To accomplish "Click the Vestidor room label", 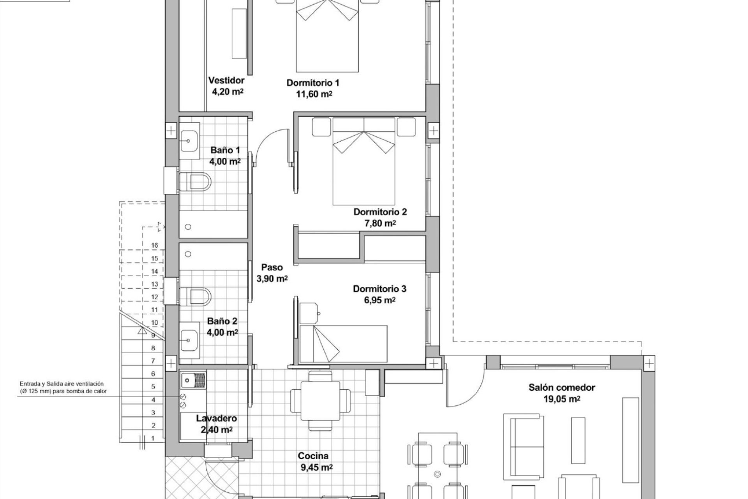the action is [226, 80].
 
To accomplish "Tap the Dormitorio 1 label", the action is [313, 83].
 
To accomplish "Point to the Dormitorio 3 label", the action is [380, 289].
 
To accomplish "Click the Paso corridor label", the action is [272, 267].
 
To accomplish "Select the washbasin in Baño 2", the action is [189, 340].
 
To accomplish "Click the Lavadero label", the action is [217, 419].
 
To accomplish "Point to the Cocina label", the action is [313, 456].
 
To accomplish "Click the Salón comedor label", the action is [562, 388].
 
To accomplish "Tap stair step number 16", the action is [155, 245].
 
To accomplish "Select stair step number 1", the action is [153, 438].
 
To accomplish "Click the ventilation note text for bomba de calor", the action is [62, 388].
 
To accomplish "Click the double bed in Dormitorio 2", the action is [363, 161].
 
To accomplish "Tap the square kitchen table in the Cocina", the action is [320, 401].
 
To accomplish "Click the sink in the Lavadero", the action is [193, 380].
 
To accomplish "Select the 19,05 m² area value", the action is [562, 399].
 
